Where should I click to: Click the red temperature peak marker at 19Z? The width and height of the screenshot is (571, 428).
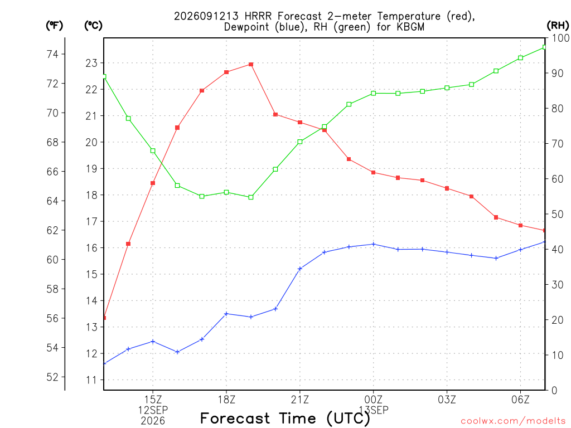(x=251, y=65)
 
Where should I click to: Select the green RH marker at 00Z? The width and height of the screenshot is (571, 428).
(x=373, y=93)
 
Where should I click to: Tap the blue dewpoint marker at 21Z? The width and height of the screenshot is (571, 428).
(x=300, y=269)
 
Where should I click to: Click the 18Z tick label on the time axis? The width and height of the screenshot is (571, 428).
(x=226, y=400)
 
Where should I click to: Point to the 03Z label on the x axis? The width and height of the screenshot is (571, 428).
(x=447, y=400)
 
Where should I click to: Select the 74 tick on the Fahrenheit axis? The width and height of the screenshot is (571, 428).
(x=52, y=54)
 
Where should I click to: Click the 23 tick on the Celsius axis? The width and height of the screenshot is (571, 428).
(x=92, y=64)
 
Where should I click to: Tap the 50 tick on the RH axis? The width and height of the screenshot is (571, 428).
(x=557, y=214)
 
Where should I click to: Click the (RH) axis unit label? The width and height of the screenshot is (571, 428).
(x=558, y=26)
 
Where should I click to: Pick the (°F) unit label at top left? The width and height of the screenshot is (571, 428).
(x=54, y=26)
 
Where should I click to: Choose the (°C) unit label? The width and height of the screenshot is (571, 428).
(x=93, y=26)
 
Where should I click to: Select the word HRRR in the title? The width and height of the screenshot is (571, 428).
(x=258, y=16)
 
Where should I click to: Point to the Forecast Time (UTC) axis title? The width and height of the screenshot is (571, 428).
(x=285, y=418)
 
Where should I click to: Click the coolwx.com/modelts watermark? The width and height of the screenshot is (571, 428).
(x=513, y=421)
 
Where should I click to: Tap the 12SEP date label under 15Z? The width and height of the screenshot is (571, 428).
(x=153, y=410)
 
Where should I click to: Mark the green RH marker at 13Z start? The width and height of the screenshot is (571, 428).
(x=104, y=76)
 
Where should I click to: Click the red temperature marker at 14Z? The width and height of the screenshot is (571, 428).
(x=128, y=244)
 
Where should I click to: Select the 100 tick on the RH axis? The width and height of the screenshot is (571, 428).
(x=560, y=38)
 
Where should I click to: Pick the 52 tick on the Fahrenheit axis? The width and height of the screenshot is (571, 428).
(x=52, y=377)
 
